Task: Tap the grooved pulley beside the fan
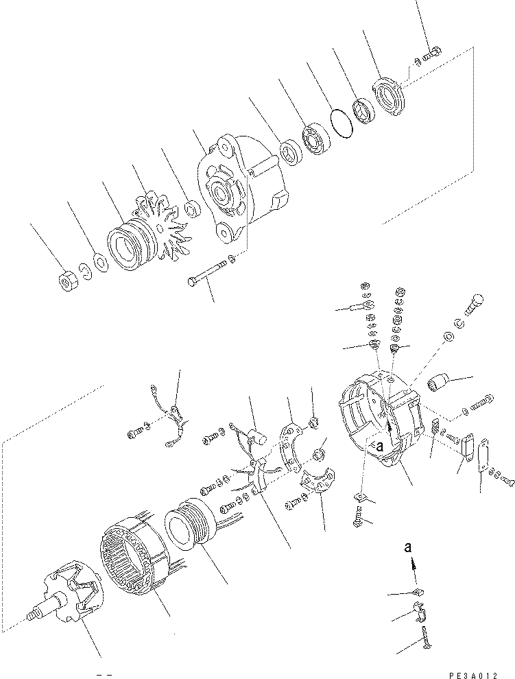(x=127, y=246)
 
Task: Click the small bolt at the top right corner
(x=433, y=51)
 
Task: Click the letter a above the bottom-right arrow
(x=409, y=547)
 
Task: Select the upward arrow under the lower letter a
(x=413, y=563)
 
